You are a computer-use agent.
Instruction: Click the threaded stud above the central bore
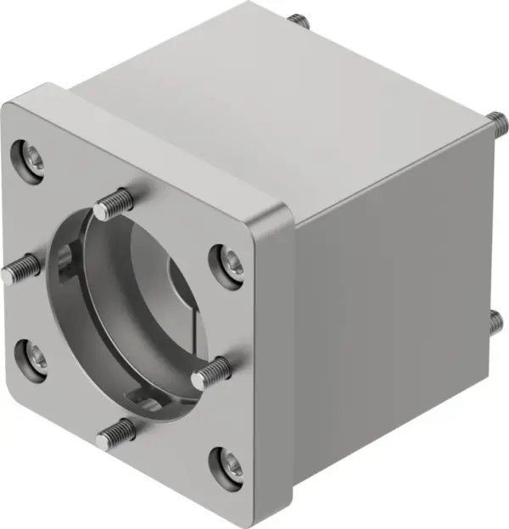115,203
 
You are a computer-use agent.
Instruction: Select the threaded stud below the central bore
116,435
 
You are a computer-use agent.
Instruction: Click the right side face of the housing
390,322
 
